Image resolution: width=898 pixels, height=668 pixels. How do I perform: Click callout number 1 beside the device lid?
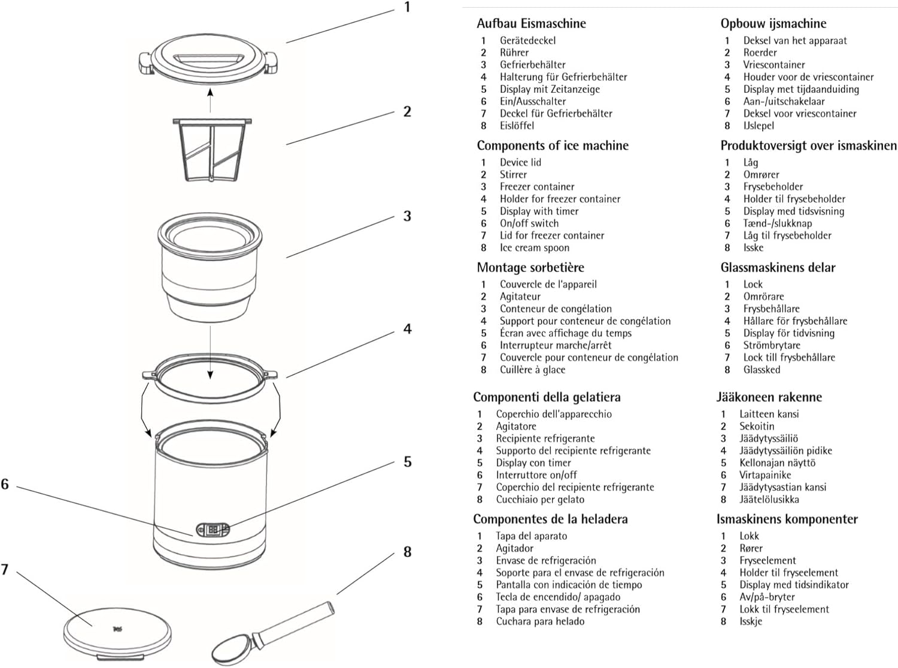coord(407,8)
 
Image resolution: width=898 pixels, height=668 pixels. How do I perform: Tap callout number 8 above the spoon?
coord(407,552)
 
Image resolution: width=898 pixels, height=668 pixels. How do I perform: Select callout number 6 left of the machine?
coord(5,484)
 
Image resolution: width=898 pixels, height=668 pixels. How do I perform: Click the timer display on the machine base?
coord(213,530)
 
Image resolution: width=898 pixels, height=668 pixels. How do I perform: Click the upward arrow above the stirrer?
coord(210,100)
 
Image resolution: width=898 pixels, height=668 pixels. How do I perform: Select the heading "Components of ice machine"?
coord(553,146)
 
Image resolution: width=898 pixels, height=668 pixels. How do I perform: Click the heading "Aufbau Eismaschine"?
coord(531,23)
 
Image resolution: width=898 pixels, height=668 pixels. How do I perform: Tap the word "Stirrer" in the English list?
coord(513,174)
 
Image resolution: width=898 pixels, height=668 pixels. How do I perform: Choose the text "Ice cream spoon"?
coord(534,247)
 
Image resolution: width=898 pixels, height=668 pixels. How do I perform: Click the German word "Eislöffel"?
coord(517,126)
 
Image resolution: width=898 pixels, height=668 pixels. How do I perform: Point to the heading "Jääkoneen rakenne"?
coord(769,397)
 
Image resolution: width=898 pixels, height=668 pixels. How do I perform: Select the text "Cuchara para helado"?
coord(540,621)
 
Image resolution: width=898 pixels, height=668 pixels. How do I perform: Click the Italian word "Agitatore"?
coord(515,426)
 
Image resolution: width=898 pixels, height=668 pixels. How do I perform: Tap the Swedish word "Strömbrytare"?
coord(771,345)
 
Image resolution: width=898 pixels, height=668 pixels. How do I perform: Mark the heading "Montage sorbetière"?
coord(530,268)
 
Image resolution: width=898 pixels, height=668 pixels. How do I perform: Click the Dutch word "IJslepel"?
coord(759,126)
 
